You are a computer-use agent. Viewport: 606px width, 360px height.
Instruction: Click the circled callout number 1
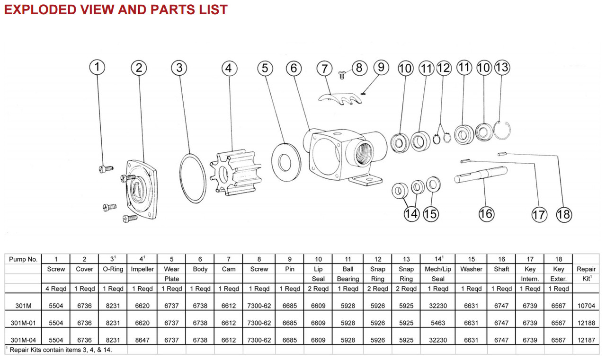pos(97,67)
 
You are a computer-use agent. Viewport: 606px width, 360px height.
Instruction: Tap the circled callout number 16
pos(486,213)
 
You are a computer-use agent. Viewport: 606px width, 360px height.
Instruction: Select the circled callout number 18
pos(564,214)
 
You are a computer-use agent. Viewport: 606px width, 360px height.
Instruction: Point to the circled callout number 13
pos(502,67)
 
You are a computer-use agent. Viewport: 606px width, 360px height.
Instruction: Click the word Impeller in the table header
pos(143,269)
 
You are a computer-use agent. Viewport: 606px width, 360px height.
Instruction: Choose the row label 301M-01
pos(23,323)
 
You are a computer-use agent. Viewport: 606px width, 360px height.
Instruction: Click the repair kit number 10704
pos(586,306)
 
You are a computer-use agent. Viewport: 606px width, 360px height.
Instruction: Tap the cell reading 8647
pos(143,340)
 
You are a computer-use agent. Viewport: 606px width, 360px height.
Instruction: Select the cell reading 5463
pos(437,323)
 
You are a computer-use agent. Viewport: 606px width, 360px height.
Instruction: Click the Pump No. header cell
pos(23,259)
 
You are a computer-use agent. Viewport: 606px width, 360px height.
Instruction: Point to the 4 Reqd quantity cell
pos(56,289)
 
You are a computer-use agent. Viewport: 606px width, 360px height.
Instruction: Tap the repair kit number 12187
pos(586,340)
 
